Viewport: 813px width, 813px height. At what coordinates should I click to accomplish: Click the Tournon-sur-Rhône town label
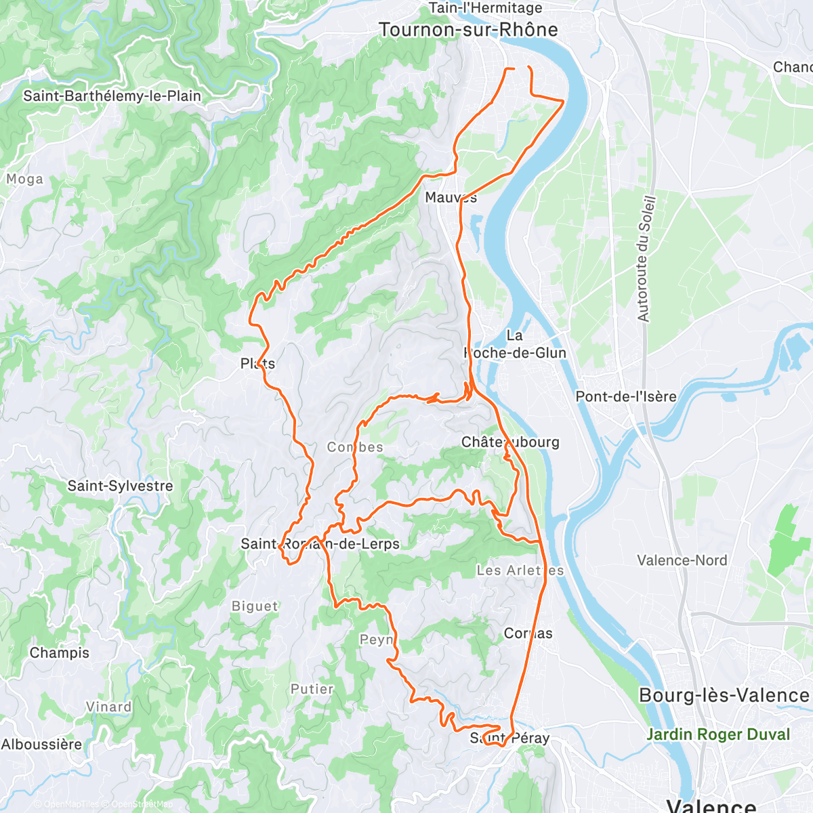click(468, 30)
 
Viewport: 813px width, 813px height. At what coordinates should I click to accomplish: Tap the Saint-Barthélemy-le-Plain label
click(112, 96)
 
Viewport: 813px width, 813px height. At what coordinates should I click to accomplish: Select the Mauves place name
click(451, 198)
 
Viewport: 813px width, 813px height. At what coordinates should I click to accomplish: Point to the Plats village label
click(257, 364)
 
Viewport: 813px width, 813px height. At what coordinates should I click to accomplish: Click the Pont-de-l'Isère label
click(625, 397)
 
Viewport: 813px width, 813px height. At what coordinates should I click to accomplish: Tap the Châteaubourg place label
click(510, 442)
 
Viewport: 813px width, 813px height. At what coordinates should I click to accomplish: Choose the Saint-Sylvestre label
click(120, 486)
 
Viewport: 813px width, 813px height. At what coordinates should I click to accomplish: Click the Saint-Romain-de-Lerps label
click(320, 544)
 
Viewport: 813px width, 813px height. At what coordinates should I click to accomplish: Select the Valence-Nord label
click(682, 560)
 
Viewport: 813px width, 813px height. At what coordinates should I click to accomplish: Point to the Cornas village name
click(528, 633)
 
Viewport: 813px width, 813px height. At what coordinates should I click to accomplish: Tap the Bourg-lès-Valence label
click(724, 696)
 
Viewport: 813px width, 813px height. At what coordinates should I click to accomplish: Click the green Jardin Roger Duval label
click(718, 734)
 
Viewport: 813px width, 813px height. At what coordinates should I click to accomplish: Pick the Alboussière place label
click(41, 745)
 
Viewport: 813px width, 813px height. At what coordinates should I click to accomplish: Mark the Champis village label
click(60, 653)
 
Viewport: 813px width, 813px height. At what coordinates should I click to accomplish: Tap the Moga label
click(24, 179)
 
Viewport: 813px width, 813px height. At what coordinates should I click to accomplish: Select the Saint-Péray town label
click(509, 738)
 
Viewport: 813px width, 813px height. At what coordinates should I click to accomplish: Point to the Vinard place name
click(108, 707)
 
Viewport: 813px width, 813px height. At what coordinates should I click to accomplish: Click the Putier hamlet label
click(312, 689)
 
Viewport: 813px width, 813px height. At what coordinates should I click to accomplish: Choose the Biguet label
click(255, 606)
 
